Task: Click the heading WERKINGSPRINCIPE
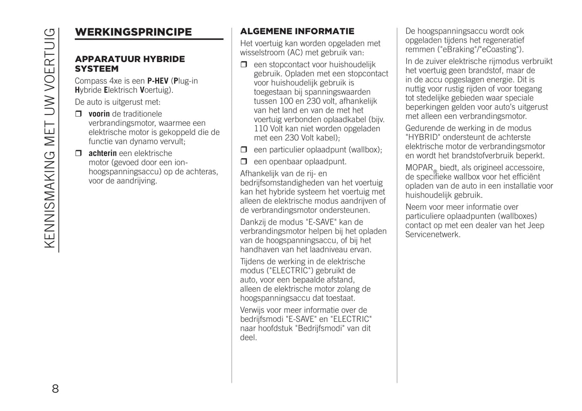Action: pyautogui.click(x=133, y=32)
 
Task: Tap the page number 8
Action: pyautogui.click(x=55, y=389)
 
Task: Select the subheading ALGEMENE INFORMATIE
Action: pyautogui.click(x=297, y=31)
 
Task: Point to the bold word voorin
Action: pyautogui.click(x=99, y=114)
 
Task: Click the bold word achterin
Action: pyautogui.click(x=103, y=153)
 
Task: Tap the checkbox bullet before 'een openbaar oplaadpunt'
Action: pyautogui.click(x=244, y=162)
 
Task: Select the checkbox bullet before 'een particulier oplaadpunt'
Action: pyautogui.click(x=244, y=150)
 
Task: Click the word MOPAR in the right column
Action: pyautogui.click(x=419, y=167)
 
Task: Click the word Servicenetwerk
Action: pyautogui.click(x=433, y=234)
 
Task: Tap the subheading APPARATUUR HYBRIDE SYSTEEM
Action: pyautogui.click(x=130, y=64)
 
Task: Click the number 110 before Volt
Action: pyautogui.click(x=261, y=129)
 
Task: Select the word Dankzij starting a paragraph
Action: pyautogui.click(x=254, y=222)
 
